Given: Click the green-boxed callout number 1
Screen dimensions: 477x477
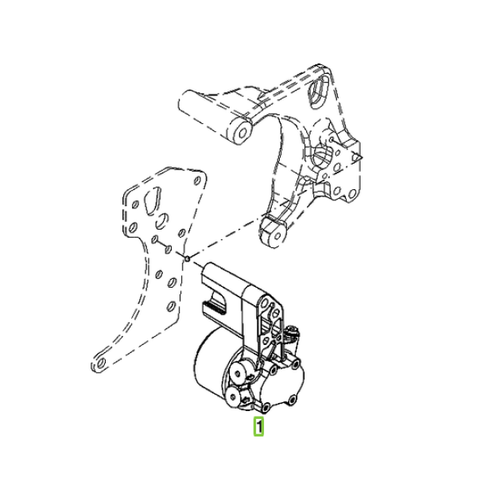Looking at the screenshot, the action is point(258,426).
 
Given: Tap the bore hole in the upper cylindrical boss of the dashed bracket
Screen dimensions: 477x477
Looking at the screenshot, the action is point(242,133).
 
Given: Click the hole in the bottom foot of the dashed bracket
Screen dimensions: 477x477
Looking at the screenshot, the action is point(277,236).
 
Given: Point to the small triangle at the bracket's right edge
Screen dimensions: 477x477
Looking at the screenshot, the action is point(357,157).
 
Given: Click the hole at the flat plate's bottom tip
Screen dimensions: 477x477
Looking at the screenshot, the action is point(102,363).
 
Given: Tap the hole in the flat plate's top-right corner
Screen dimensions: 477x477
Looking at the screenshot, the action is point(197,180).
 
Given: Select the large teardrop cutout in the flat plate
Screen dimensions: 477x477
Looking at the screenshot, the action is point(152,200).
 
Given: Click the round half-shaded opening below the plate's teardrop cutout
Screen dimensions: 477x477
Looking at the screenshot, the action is point(162,221).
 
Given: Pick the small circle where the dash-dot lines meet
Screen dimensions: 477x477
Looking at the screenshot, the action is point(188,259).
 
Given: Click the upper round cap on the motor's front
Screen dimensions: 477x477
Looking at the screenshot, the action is point(238,370).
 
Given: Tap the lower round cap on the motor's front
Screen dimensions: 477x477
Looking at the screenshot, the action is point(234,397).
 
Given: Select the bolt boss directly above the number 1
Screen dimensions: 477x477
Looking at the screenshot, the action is point(266,407).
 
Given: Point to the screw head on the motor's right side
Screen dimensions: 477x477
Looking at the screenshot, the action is point(293,332).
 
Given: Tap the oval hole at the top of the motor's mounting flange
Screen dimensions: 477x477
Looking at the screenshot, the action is point(265,303).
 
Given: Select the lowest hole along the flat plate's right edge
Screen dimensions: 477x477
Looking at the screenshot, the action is point(172,306).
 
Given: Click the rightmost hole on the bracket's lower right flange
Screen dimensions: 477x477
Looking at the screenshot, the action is point(352,193).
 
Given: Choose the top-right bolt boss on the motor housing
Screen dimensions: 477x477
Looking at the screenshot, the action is point(296,364).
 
